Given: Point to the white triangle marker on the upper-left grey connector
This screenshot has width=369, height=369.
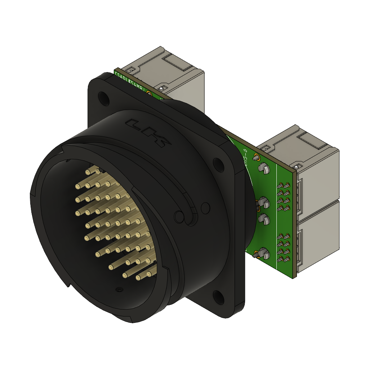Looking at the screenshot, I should pos(161,88).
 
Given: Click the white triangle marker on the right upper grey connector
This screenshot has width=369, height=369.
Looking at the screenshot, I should pos(296,166).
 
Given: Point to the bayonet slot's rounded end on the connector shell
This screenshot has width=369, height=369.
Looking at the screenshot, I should pos(179,216).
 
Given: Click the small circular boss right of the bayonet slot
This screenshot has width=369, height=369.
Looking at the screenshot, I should pos(205,207).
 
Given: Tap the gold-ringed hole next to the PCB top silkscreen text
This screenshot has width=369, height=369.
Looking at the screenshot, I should pos(149,93).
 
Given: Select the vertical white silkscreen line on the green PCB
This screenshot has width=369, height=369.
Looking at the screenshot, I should pos(276,216).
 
